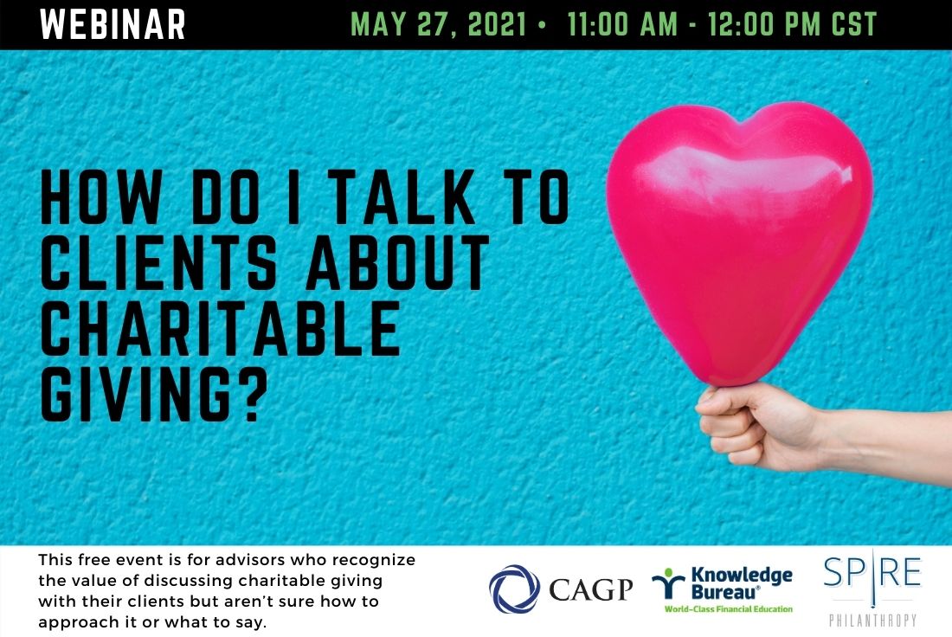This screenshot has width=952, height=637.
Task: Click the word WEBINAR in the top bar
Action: (113, 24)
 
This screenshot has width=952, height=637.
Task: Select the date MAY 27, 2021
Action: (439, 24)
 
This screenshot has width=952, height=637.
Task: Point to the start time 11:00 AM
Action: (622, 24)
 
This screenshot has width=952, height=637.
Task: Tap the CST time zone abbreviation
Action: (854, 24)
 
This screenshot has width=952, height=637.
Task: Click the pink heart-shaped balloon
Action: (739, 243)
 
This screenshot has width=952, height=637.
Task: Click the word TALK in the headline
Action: (404, 196)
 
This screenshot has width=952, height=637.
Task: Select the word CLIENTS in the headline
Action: (158, 262)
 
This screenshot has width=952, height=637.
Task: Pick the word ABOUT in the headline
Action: (398, 262)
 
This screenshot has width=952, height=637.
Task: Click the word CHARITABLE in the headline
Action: (220, 328)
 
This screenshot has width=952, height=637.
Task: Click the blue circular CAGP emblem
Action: (514, 589)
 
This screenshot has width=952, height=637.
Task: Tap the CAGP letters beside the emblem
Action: (591, 589)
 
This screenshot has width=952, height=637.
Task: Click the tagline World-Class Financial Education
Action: (729, 609)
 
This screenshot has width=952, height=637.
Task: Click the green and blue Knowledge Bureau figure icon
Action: (668, 583)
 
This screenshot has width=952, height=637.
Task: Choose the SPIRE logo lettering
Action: (872, 574)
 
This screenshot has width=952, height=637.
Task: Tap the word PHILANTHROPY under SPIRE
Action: (872, 620)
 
